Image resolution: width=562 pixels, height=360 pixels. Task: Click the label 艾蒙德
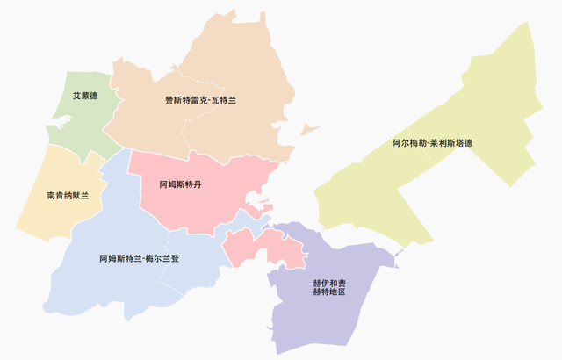tap(85, 95)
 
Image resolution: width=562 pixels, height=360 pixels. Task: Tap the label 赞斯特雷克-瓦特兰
tap(200, 100)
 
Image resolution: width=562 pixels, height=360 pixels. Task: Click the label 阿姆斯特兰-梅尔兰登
tap(139, 259)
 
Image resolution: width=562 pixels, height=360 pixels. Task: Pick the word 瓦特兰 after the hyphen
tap(224, 100)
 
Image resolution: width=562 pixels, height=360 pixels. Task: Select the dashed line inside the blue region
tap(162, 277)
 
